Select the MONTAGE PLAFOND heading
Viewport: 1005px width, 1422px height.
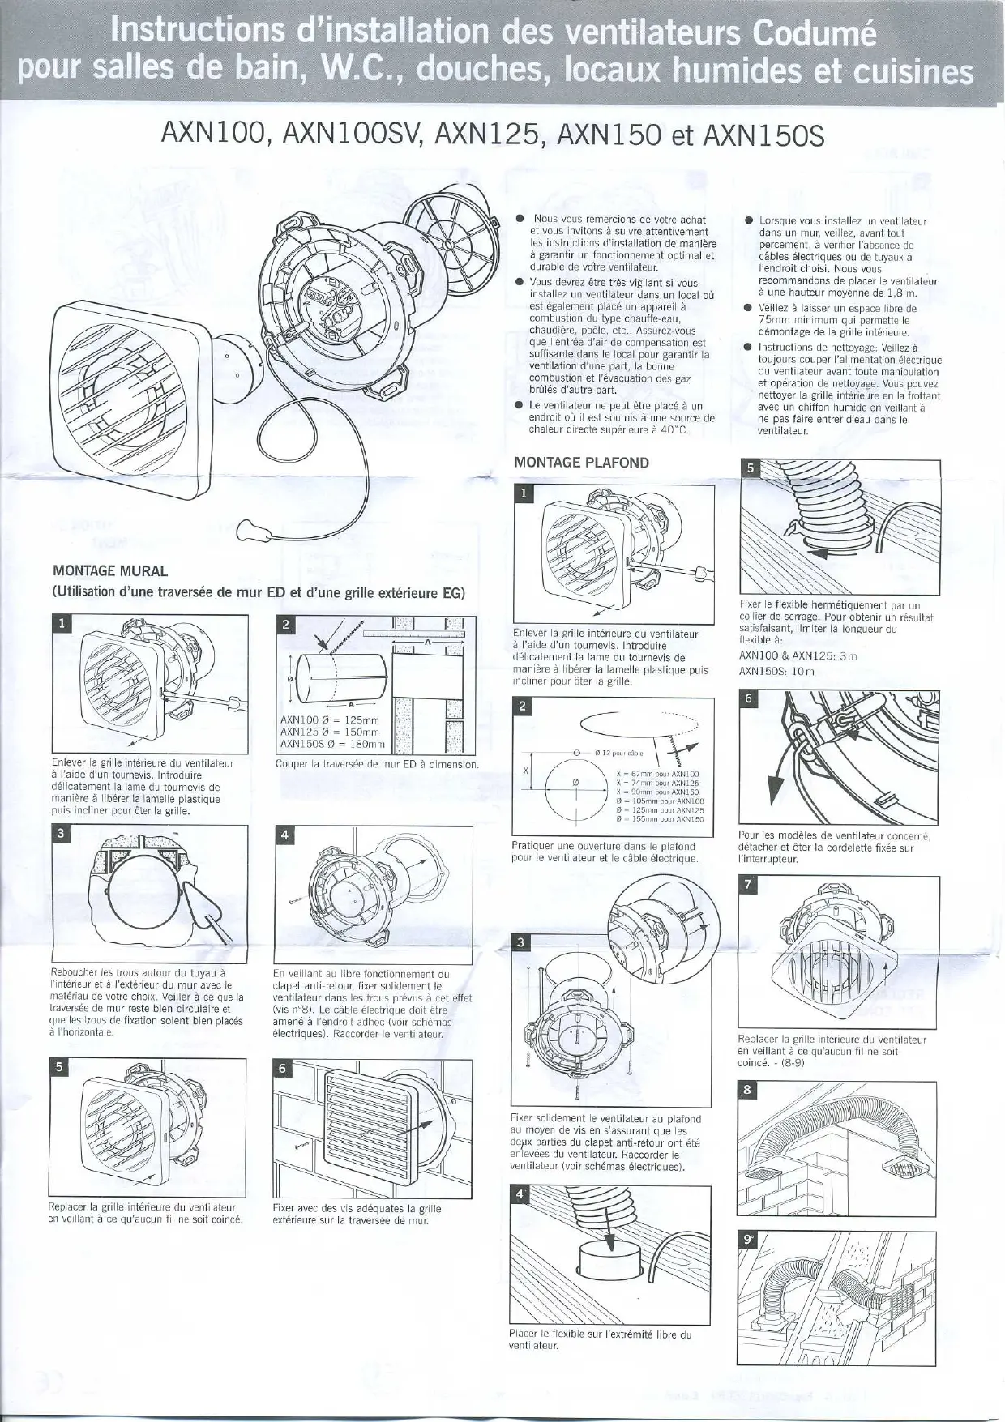581,463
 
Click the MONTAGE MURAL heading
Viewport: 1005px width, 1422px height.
109,570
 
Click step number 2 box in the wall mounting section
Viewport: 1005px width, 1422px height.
284,624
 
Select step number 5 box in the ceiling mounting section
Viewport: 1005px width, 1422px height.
750,468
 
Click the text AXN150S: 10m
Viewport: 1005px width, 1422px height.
765,672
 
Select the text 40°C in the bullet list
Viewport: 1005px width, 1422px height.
671,430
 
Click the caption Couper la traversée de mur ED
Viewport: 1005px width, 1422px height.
376,764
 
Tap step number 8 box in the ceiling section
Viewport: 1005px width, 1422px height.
747,1090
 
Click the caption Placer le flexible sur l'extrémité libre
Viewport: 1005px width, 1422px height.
600,1334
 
